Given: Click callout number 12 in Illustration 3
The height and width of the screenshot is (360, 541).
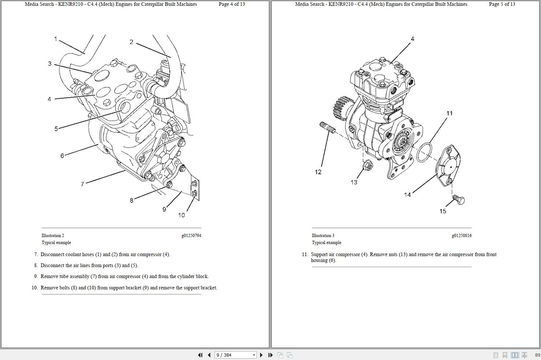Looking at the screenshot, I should pos(318,172).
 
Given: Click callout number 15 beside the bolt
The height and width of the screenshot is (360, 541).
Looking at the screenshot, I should pos(443,211).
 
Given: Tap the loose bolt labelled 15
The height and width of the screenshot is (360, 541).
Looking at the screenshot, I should pos(458,200).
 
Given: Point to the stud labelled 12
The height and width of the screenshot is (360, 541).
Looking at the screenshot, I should pos(327,128).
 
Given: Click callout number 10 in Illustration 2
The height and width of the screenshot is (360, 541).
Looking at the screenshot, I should pos(181,215).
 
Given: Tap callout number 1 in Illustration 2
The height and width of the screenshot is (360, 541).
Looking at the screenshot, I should pos(56,39).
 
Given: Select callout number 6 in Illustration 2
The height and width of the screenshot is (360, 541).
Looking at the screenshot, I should pos(62,156).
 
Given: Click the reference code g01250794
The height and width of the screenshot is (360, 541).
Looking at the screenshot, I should pos(191,236).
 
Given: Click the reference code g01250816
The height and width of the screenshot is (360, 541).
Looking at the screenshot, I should pos(462,236).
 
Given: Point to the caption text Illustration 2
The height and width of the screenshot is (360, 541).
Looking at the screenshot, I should pos(53,236).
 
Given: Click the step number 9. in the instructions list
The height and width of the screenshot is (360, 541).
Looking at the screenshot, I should pos(36,277).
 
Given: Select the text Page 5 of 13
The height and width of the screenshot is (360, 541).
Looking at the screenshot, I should pos(502,4).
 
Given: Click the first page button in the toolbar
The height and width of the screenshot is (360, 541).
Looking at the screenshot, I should pos(200,355).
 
